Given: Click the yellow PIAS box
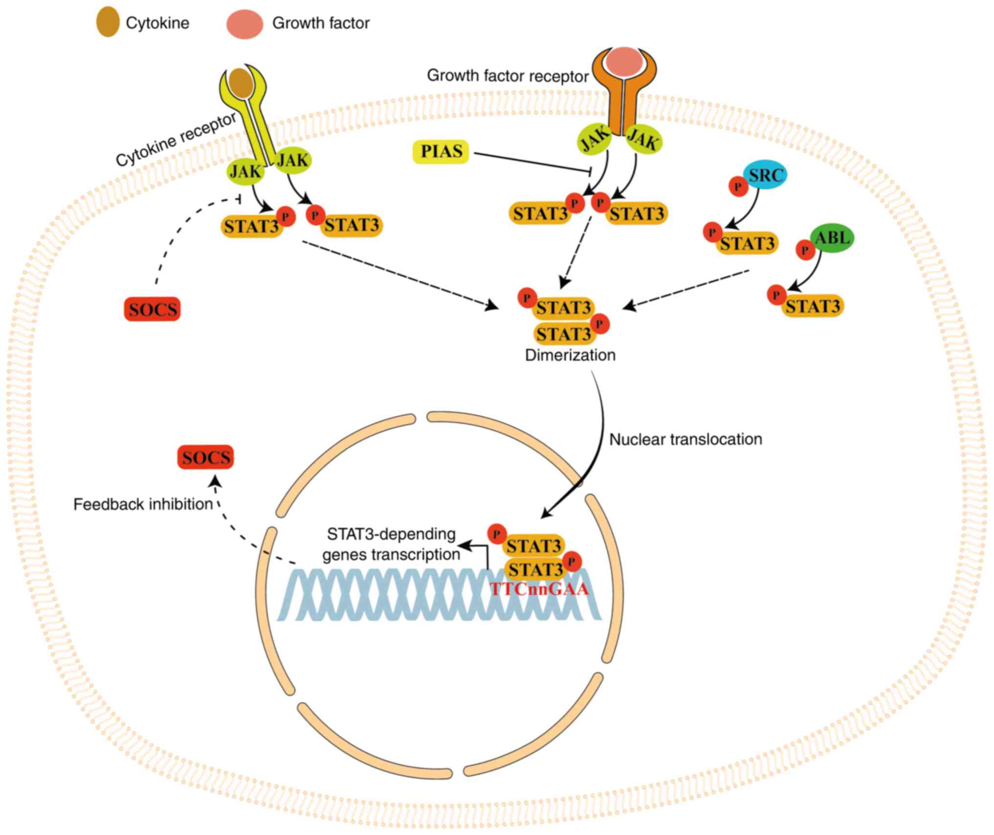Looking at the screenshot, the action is [x=441, y=152].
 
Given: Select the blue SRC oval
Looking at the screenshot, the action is [x=766, y=175].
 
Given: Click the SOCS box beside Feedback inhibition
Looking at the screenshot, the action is [x=205, y=457].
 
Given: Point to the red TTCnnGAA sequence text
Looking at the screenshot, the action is [x=539, y=589].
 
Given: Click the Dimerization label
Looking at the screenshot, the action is [x=570, y=355].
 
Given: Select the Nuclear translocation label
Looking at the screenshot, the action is [x=685, y=439].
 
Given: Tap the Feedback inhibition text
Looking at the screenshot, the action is [x=143, y=504].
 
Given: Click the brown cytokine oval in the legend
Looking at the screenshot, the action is [x=108, y=22].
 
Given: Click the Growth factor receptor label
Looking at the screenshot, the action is [x=507, y=76].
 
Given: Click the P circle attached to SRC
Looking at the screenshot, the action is [x=738, y=186].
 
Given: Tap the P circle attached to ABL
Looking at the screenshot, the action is [x=805, y=250].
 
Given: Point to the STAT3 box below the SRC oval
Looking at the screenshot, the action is [x=747, y=243].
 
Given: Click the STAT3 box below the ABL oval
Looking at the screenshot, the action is [x=813, y=306].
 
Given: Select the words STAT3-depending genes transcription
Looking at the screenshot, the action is [x=391, y=544].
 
